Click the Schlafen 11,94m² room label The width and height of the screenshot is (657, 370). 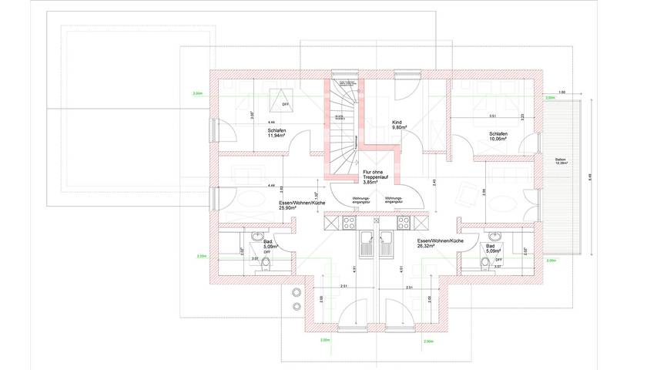pyautogui.click(x=278, y=133)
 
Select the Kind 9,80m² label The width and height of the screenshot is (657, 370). pyautogui.click(x=398, y=125)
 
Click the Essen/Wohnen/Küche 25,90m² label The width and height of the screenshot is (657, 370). pyautogui.click(x=296, y=207)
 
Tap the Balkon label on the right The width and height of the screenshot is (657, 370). pyautogui.click(x=561, y=161)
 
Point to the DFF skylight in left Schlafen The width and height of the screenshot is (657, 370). pyautogui.click(x=277, y=101)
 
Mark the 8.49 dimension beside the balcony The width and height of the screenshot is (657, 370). pyautogui.click(x=590, y=176)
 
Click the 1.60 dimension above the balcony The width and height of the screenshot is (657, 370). pyautogui.click(x=562, y=92)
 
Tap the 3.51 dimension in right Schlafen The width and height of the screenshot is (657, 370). pyautogui.click(x=493, y=117)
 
